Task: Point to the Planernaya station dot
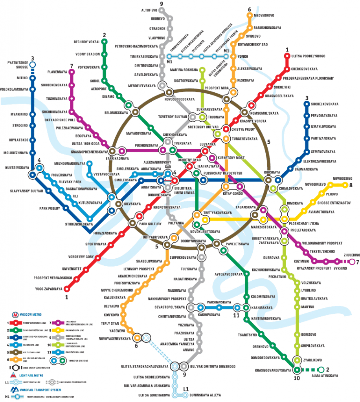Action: coord(72,72)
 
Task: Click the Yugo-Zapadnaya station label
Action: coord(48,289)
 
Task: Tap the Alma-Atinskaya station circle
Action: coord(321,370)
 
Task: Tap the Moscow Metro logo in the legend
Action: coord(15,315)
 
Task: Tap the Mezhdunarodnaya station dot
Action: coord(89,163)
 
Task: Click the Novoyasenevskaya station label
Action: coord(114,338)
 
